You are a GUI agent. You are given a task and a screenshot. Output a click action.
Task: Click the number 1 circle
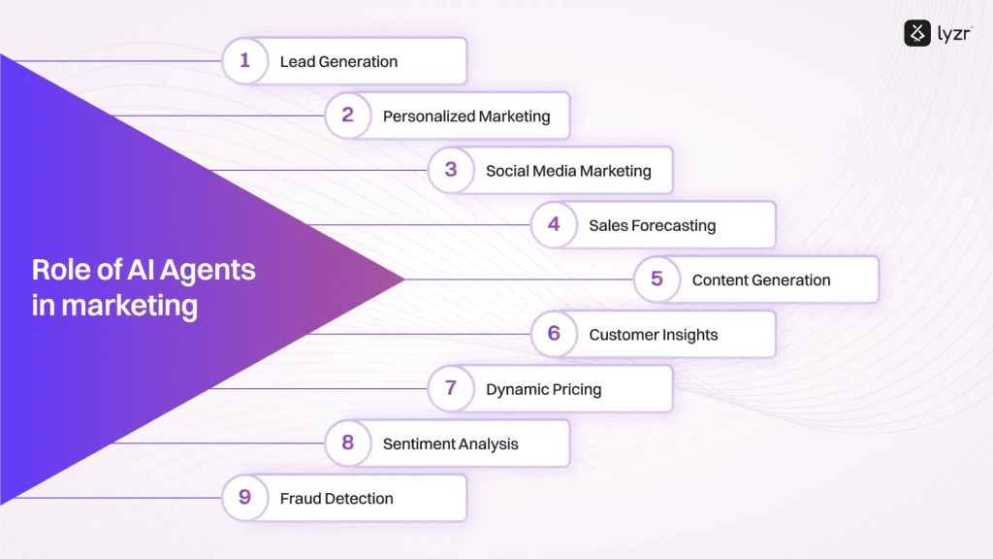245,61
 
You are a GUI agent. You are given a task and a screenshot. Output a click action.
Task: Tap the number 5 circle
657,279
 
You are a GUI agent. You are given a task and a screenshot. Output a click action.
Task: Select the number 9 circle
245,498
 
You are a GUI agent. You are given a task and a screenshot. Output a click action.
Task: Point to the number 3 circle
451,170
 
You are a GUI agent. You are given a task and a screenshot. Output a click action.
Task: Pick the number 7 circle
451,388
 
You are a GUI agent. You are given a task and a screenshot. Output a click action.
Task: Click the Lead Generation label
338,61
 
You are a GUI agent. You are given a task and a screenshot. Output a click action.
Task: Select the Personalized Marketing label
466,116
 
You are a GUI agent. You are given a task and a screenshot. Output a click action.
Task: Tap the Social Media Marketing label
568,171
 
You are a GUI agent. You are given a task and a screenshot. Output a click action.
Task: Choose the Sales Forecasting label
653,225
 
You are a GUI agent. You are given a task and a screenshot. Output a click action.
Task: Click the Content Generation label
761,280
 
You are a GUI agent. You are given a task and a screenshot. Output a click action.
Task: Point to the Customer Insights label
654,335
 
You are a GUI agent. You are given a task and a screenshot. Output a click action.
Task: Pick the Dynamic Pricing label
544,389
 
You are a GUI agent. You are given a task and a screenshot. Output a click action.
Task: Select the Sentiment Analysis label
451,444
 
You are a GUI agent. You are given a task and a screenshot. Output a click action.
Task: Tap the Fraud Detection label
336,498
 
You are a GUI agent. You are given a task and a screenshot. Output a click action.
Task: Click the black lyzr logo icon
917,33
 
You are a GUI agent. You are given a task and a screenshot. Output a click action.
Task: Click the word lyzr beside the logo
954,34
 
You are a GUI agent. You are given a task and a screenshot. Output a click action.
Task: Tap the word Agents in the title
208,271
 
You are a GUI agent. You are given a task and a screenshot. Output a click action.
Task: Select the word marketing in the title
130,306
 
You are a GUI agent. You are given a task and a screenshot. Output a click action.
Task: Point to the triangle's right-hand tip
404,279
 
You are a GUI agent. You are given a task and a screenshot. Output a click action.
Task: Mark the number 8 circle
348,443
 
